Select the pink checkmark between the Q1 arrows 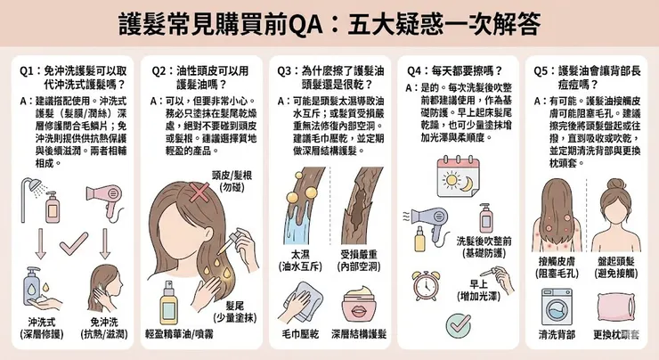click(x=73, y=241)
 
